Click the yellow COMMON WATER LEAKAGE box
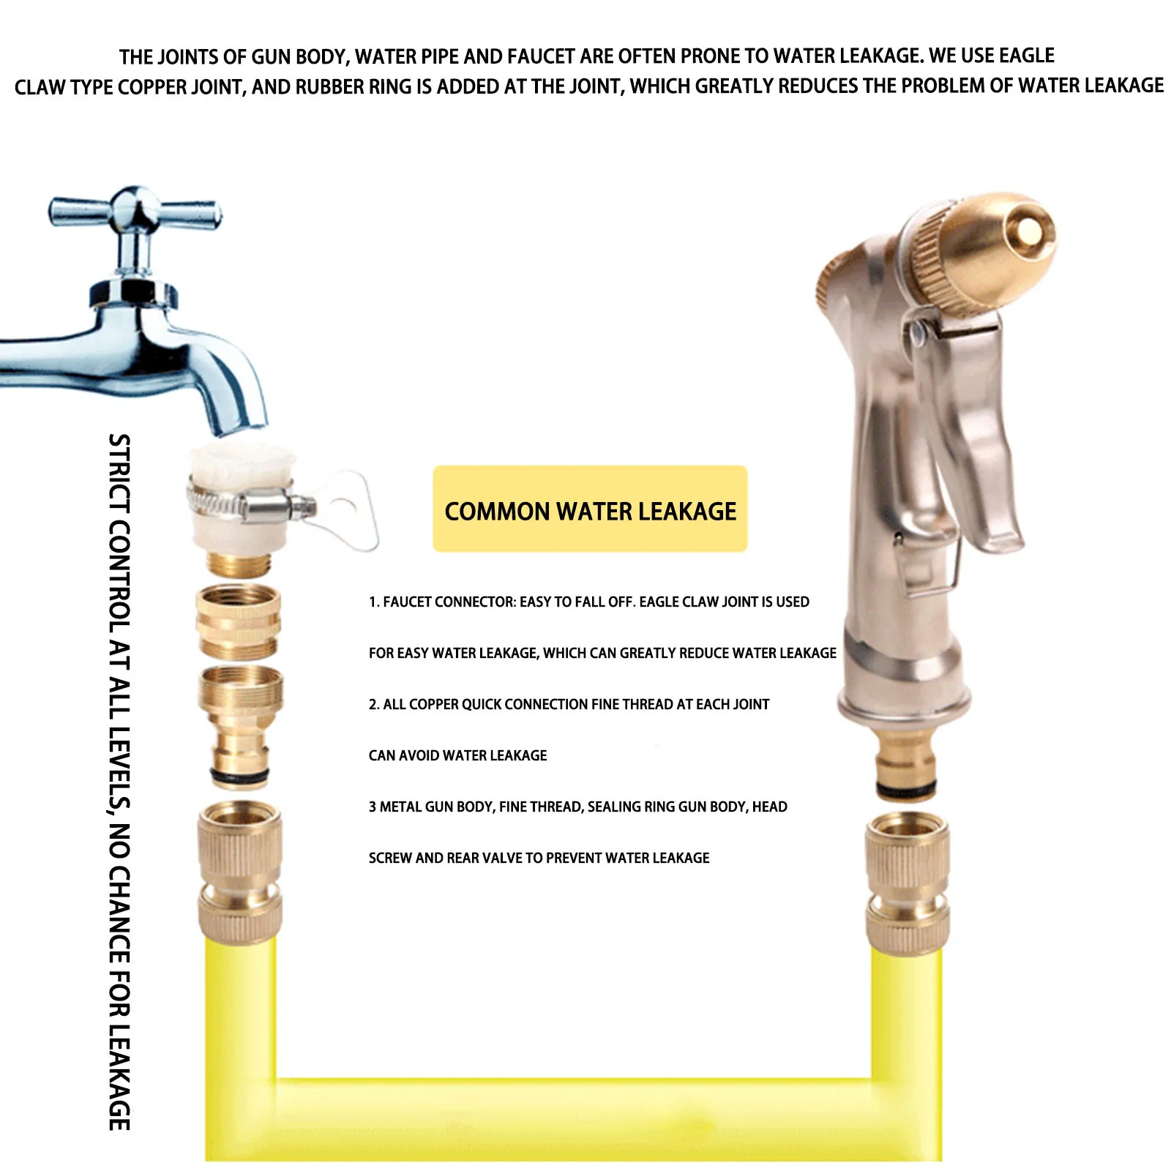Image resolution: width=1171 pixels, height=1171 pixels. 590,509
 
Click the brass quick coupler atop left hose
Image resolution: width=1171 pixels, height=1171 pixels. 240,875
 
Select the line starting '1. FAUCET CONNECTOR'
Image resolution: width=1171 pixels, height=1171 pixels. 588,602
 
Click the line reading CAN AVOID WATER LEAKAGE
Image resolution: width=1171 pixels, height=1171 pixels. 457,755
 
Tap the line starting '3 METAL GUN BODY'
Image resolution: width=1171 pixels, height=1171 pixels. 577,807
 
